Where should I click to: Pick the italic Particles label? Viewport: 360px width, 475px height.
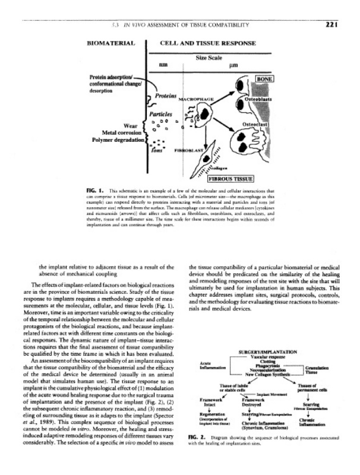tap(160, 112)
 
